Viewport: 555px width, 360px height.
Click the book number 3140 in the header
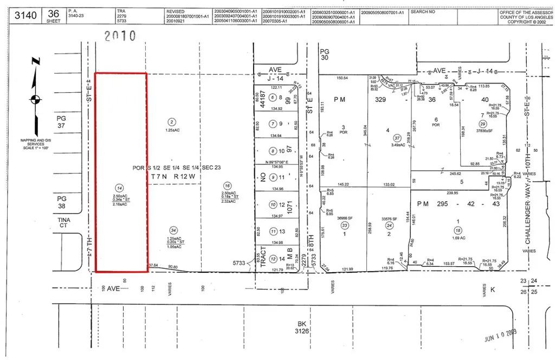coord(25,15)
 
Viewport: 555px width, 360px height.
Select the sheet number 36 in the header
coord(53,12)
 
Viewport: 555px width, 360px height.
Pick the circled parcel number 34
coord(173,230)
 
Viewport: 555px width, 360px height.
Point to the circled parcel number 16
coord(228,185)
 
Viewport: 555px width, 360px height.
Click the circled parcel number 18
coord(458,230)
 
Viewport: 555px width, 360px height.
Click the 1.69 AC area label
coord(459,238)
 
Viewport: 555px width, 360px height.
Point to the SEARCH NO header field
coord(425,11)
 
